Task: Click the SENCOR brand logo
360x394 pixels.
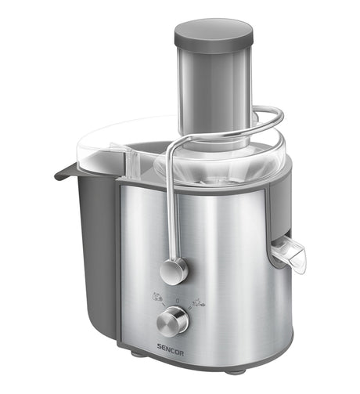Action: (x=171, y=346)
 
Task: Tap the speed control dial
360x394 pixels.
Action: (x=173, y=322)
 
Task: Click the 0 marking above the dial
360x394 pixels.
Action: (x=178, y=301)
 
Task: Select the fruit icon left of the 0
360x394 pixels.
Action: (x=157, y=297)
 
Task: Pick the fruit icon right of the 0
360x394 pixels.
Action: (x=199, y=302)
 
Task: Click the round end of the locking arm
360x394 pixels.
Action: (x=174, y=271)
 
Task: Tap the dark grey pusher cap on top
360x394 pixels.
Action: (x=214, y=35)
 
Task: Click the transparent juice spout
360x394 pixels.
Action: (x=289, y=252)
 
